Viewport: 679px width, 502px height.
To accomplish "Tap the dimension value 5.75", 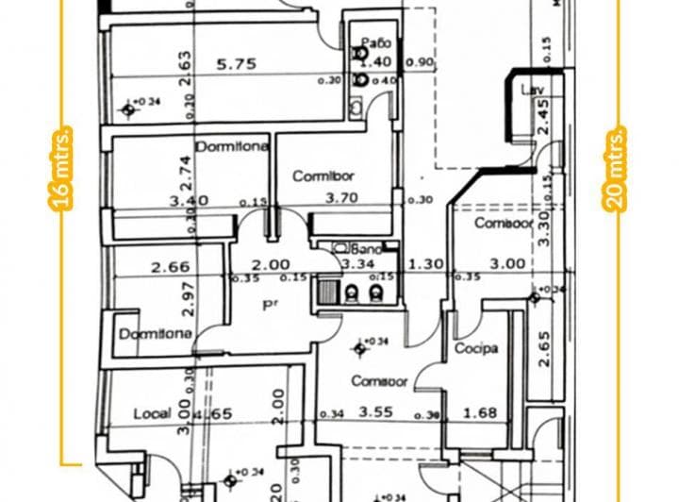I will click(236, 65).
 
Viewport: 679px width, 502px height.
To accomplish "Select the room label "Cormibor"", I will click(323, 176).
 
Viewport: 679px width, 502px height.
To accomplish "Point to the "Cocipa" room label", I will click(476, 349).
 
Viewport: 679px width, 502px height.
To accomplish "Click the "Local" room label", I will click(151, 413).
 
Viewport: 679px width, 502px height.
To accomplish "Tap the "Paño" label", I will click(376, 42).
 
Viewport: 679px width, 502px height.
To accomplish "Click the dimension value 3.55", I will click(375, 412).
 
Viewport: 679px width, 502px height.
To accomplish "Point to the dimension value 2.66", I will click(171, 267).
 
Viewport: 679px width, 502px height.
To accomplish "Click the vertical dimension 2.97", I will click(187, 298).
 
